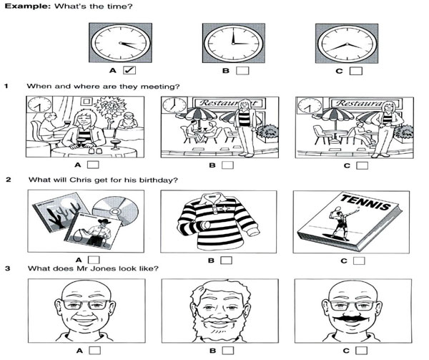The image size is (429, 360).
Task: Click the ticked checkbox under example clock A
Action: pyautogui.click(x=129, y=70)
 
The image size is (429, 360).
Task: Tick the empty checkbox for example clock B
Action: pyautogui.click(x=242, y=71)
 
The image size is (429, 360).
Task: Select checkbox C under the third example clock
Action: pyautogui.click(x=356, y=71)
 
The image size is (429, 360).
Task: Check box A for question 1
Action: pyautogui.click(x=93, y=165)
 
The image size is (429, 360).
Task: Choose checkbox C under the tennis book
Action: pyautogui.click(x=359, y=261)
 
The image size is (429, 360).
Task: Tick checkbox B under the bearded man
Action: pyautogui.click(x=228, y=351)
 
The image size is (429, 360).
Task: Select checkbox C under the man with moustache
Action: pyautogui.click(x=361, y=351)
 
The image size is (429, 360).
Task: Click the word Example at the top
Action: pyautogui.click(x=28, y=6)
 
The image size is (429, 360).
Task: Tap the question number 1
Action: pyautogui.click(x=6, y=86)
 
